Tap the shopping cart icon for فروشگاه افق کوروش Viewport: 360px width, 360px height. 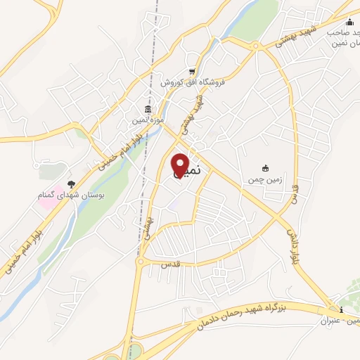192,71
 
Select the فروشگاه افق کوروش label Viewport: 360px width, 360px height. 192,83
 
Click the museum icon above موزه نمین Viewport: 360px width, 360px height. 147,109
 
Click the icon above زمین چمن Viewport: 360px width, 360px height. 265,168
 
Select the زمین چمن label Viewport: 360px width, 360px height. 265,179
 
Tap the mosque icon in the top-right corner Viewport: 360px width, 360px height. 349,22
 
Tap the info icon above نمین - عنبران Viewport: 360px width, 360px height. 341,310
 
